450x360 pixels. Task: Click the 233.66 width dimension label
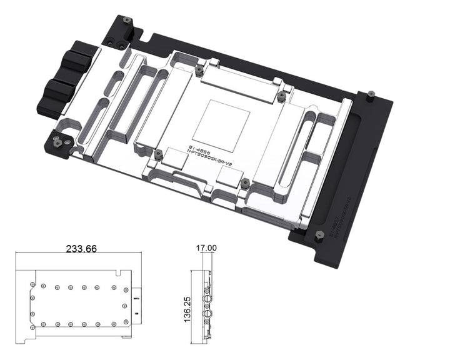click(x=81, y=249)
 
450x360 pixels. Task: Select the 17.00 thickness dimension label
click(x=206, y=248)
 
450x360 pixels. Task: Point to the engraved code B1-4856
click(x=199, y=150)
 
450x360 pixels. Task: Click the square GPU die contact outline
click(x=221, y=121)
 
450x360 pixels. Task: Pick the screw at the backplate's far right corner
click(x=369, y=95)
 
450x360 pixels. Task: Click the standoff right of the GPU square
click(x=281, y=96)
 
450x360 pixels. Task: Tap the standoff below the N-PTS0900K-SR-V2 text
click(x=245, y=184)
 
